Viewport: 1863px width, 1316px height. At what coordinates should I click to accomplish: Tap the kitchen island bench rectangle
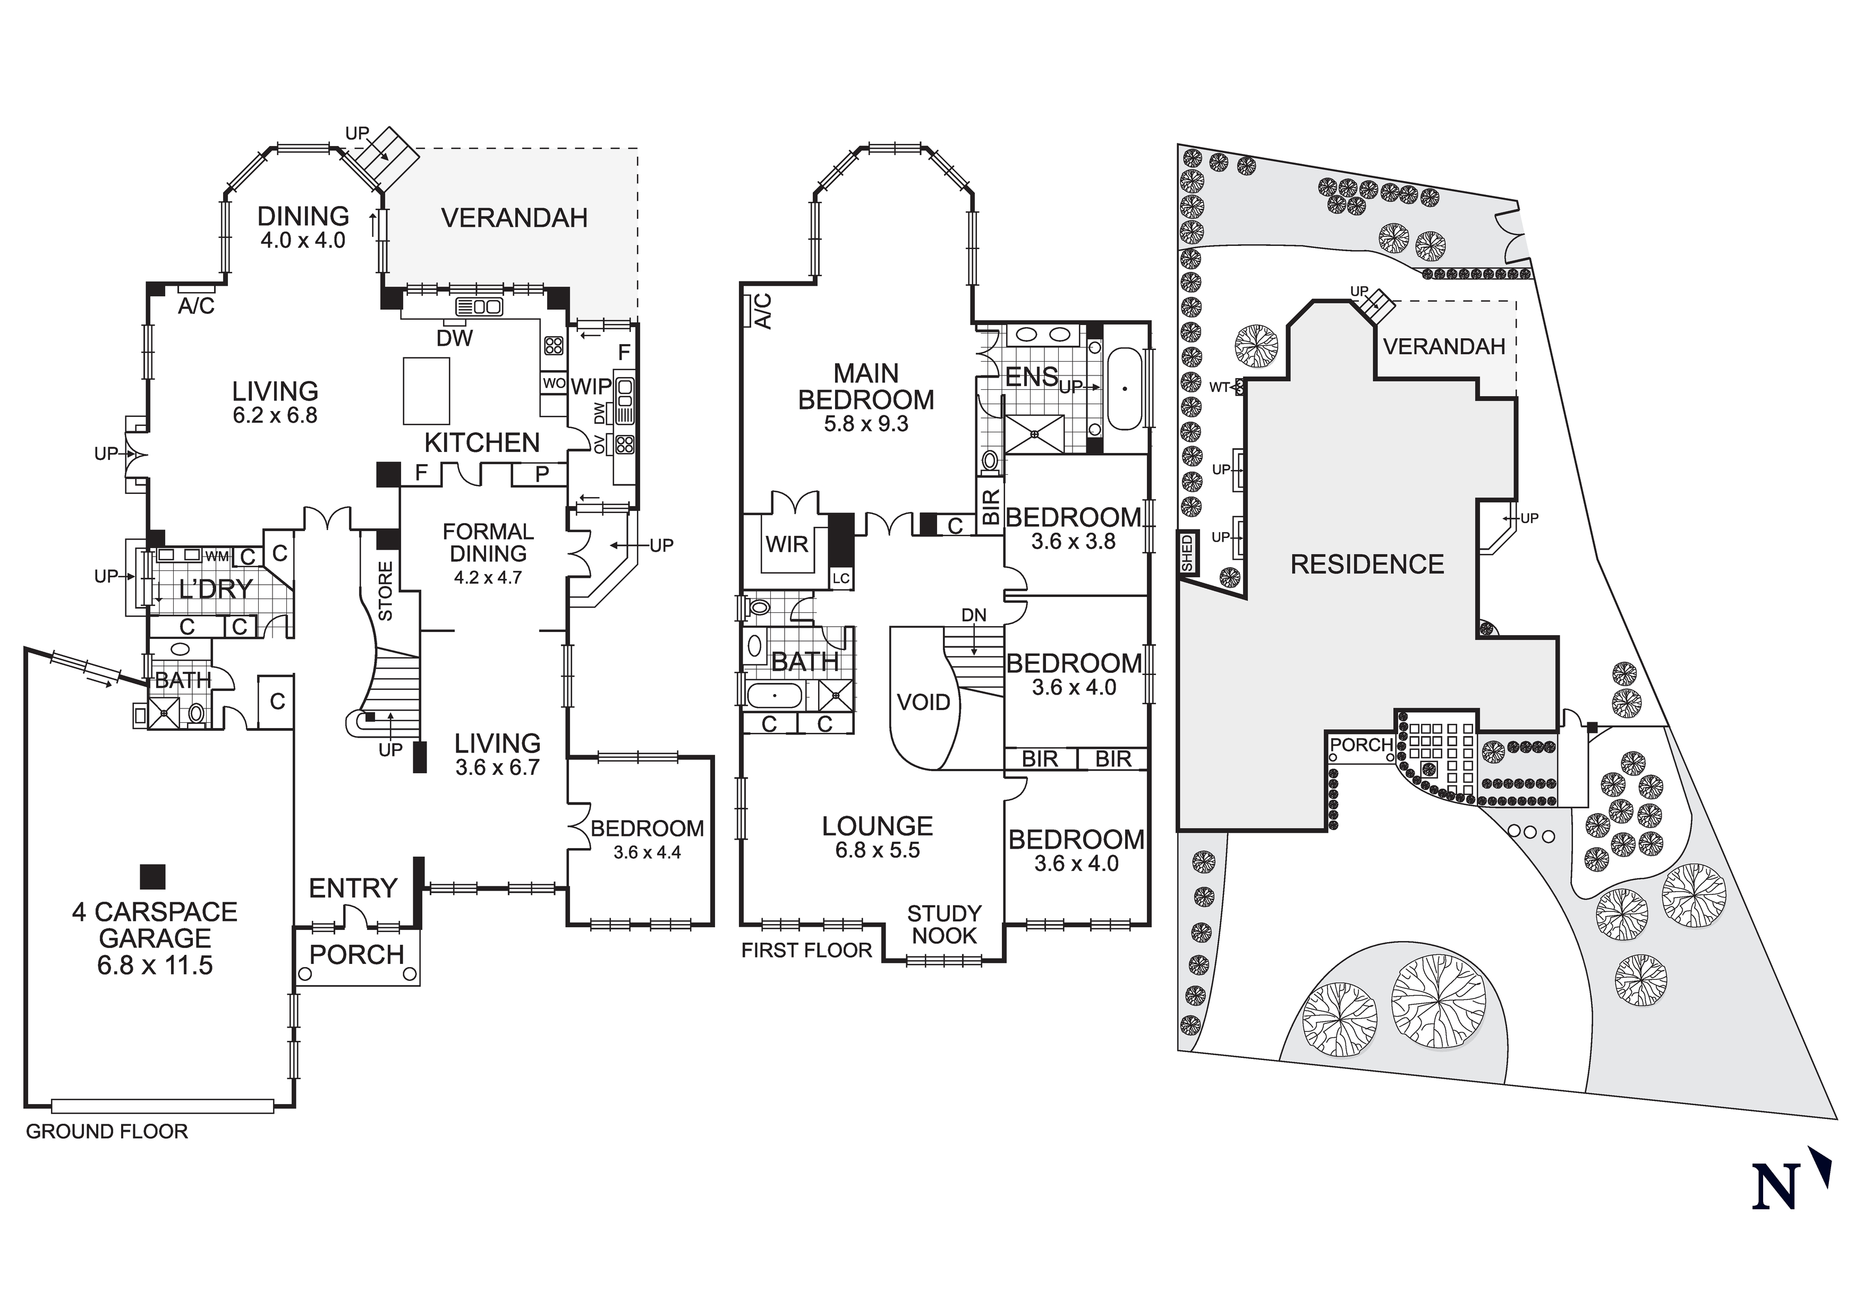427,391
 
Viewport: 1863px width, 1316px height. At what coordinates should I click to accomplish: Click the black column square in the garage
152,876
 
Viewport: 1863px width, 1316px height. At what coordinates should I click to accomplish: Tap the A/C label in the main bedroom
763,311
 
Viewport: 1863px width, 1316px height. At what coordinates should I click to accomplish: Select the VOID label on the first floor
923,702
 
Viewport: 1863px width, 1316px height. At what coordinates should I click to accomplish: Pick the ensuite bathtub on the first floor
1125,389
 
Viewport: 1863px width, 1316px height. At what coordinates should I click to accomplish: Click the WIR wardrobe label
786,544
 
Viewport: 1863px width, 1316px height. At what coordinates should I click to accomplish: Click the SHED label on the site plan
1188,552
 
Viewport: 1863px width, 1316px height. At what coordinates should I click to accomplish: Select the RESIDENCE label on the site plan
1367,564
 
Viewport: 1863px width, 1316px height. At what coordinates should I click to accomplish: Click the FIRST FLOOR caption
806,950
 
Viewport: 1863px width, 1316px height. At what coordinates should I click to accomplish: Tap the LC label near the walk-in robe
840,578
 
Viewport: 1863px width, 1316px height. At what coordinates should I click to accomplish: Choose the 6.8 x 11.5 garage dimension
155,965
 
